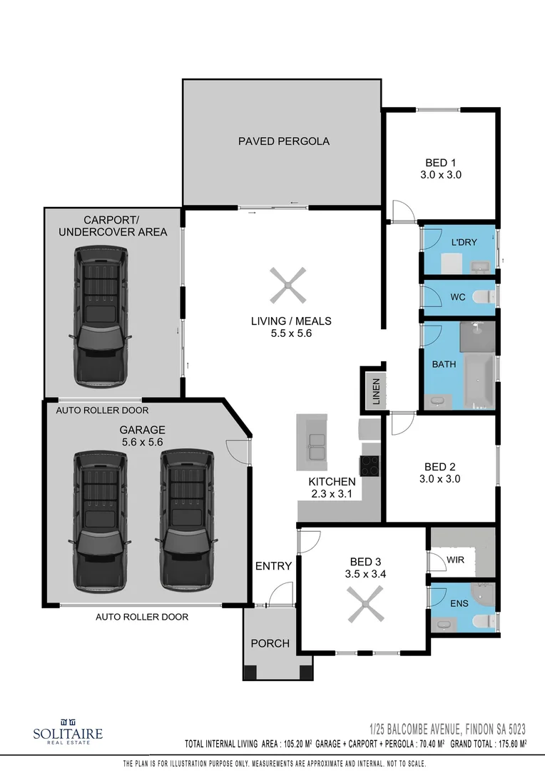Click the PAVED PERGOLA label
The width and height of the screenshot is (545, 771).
point(283,141)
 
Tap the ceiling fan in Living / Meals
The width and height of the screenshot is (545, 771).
point(287,286)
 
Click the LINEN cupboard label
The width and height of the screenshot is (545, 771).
point(376,391)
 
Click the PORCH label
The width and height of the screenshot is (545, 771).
point(270,643)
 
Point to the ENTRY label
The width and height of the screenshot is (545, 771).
point(273,566)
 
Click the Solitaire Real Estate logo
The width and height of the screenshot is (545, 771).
point(68,731)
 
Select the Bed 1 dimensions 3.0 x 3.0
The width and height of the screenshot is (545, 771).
point(442,174)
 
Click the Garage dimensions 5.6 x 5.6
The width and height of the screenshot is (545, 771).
point(143,442)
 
